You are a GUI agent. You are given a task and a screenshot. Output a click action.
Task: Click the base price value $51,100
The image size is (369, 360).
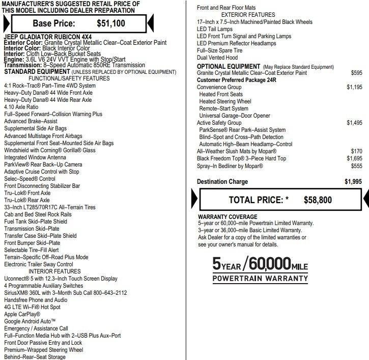(111, 23)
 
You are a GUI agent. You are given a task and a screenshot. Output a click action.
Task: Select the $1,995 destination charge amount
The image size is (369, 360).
(353, 182)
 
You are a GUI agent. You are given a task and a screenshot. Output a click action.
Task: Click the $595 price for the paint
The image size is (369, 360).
(356, 73)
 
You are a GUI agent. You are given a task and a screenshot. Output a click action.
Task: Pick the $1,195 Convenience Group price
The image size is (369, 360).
(354, 87)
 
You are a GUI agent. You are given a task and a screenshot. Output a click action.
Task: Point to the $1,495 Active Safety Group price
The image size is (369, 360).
(354, 123)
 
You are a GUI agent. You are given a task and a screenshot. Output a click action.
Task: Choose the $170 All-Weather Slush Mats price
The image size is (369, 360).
(356, 151)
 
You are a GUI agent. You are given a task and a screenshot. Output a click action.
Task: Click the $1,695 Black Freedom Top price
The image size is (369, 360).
(354, 158)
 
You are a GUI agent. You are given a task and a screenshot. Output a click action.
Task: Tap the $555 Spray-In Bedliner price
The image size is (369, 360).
(356, 166)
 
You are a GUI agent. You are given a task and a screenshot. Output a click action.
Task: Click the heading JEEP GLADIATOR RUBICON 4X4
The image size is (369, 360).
(40, 37)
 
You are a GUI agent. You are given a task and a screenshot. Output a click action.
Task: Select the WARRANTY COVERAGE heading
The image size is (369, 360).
(228, 217)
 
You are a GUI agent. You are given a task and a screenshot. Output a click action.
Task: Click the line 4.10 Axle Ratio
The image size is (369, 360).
(21, 107)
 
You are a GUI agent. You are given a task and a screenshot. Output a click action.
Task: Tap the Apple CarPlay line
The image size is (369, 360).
(22, 314)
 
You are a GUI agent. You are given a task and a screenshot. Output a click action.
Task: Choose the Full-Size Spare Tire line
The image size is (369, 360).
(220, 50)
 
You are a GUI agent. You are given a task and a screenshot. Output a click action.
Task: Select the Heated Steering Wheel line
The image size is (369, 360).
(225, 101)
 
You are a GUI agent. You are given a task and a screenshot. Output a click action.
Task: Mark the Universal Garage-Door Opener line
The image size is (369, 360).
(235, 116)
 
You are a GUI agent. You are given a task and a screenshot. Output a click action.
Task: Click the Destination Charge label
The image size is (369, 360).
(222, 182)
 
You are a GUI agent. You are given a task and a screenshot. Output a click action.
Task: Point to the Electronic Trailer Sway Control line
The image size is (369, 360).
(39, 264)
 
